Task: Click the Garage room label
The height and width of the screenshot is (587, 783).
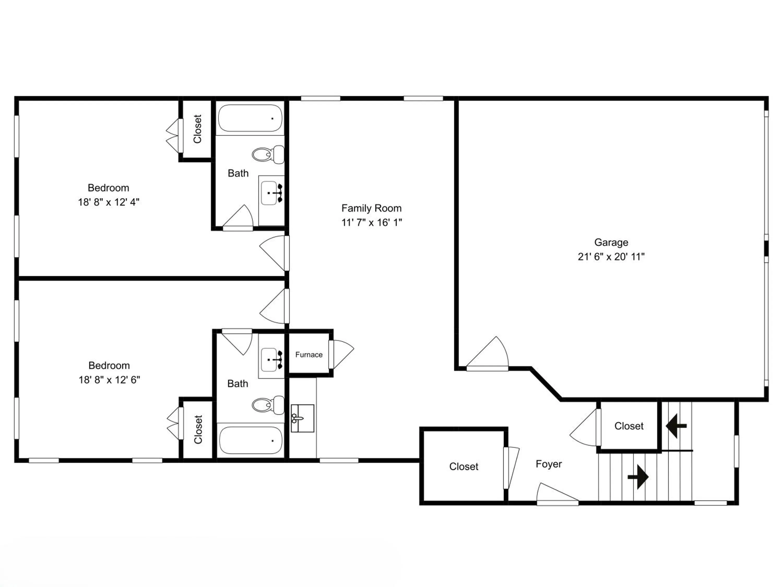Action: click(611, 242)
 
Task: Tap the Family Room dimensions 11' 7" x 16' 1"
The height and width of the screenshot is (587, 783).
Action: click(372, 223)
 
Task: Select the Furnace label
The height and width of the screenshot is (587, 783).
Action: click(309, 355)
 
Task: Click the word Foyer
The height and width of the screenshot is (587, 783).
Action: click(549, 464)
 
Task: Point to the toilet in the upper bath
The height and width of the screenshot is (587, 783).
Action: click(268, 154)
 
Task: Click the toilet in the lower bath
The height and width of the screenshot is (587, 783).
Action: click(268, 405)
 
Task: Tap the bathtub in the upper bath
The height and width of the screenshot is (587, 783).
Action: click(250, 118)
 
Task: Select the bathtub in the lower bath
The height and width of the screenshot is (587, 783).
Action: click(251, 440)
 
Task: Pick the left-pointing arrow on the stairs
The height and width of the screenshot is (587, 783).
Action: click(676, 426)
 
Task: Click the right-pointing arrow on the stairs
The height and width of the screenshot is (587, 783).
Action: click(638, 477)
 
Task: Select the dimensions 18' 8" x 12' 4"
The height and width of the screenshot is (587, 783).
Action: click(109, 202)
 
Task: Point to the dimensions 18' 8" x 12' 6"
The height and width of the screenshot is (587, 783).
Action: click(109, 380)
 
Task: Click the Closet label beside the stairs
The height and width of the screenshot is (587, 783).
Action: click(629, 426)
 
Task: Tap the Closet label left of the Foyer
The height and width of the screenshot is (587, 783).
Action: click(464, 467)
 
